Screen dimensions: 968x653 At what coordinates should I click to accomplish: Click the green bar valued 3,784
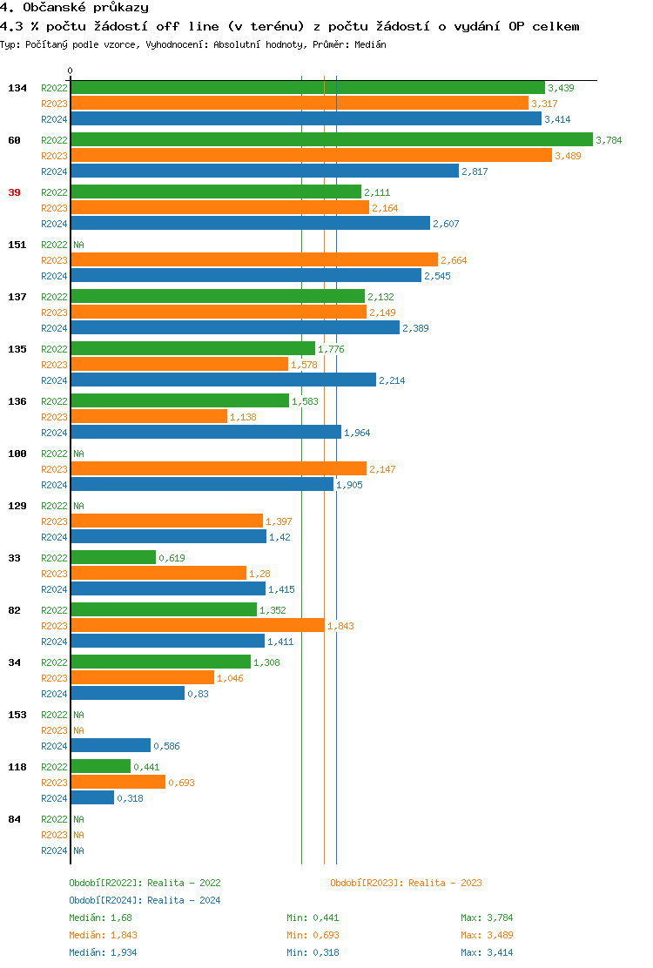(331, 139)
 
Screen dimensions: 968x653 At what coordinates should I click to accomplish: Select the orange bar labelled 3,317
(299, 103)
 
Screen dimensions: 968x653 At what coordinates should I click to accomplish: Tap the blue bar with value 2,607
(250, 224)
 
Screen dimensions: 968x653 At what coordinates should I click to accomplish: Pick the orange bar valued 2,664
(253, 260)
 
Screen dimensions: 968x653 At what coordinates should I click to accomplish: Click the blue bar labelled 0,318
(92, 798)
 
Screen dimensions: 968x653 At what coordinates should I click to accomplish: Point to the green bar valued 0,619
(113, 558)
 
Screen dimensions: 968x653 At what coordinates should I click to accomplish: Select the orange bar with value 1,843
(197, 626)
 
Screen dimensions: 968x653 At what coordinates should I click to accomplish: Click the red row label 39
(14, 192)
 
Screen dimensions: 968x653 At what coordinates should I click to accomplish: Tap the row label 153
(17, 715)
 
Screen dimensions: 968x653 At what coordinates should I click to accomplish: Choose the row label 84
(14, 819)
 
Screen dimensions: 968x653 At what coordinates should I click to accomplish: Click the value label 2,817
(475, 171)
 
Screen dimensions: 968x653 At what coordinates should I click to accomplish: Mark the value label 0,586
(166, 747)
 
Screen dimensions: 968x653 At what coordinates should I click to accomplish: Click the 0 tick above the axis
(71, 71)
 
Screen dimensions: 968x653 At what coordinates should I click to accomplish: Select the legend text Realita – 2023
(445, 883)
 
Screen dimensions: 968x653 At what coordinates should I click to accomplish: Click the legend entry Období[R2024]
(106, 900)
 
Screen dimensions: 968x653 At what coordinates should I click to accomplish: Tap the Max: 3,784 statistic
(488, 918)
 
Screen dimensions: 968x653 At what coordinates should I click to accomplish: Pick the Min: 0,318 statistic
(313, 952)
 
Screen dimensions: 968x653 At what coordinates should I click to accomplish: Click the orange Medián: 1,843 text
(102, 935)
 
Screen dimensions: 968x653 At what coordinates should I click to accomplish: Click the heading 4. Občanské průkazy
(74, 8)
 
